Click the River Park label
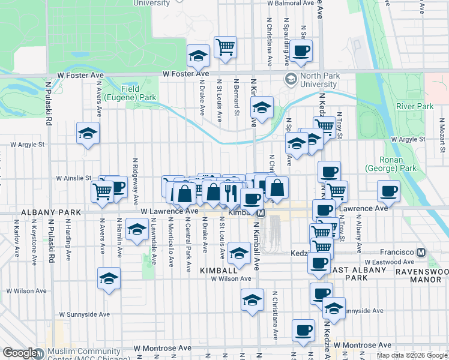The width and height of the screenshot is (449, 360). (x=415, y=106)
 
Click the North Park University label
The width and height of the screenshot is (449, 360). (x=319, y=80)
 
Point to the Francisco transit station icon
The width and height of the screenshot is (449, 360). (x=421, y=253)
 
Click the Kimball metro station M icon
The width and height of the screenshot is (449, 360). (x=261, y=213)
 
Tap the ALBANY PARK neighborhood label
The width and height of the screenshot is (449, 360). (x=42, y=212)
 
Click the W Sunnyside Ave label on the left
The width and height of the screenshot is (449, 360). (x=84, y=314)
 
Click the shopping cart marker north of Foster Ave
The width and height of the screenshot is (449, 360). (x=225, y=46)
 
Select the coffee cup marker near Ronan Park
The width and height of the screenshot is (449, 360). (x=388, y=191)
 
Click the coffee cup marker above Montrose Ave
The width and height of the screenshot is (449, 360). (x=303, y=329)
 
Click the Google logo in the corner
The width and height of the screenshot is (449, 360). (x=19, y=353)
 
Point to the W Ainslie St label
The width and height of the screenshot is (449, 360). (x=74, y=178)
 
